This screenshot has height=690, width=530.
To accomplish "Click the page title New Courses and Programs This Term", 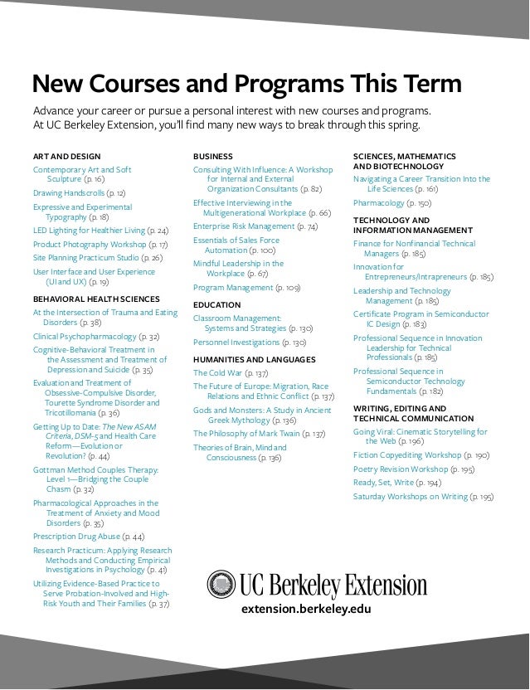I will (246, 85).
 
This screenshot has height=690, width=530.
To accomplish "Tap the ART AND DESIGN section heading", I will (67, 156).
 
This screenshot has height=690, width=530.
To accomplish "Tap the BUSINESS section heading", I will (213, 156).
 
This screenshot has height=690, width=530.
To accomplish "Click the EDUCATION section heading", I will (217, 304).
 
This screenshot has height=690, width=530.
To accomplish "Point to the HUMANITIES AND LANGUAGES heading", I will (255, 359).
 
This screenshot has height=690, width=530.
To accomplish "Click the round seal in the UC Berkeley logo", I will (221, 584).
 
